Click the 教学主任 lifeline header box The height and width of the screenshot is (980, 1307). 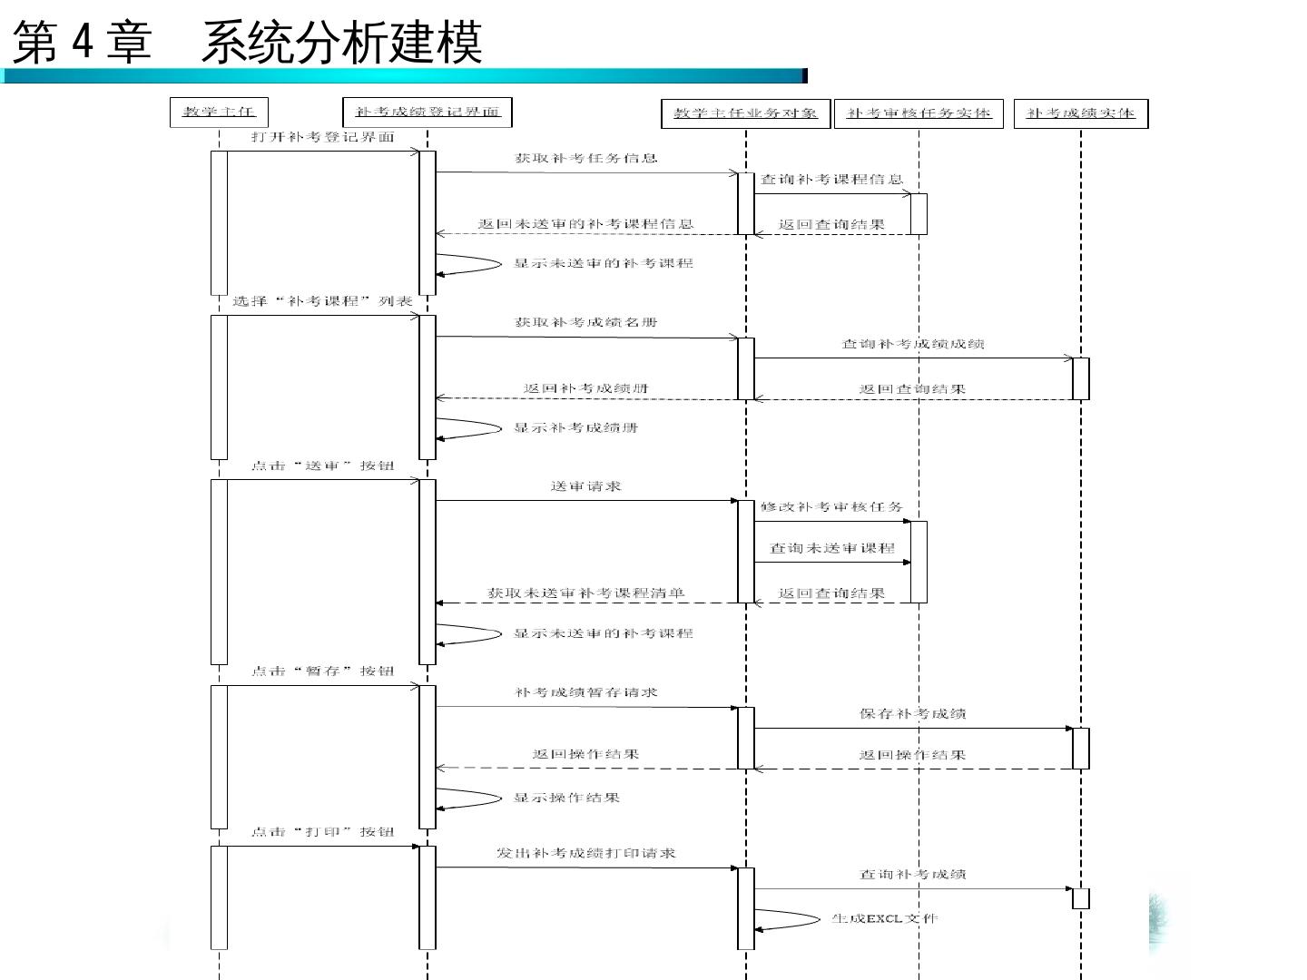click(x=219, y=113)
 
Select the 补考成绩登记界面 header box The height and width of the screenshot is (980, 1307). click(x=427, y=113)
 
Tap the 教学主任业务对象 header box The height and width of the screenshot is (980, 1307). click(x=745, y=113)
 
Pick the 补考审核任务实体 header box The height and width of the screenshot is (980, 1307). click(x=919, y=113)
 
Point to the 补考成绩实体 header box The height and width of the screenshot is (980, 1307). click(x=1080, y=113)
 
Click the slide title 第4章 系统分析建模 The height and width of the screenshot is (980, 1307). click(x=247, y=43)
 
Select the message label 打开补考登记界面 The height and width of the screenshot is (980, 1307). click(x=323, y=137)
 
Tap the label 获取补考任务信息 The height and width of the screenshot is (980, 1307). click(x=585, y=158)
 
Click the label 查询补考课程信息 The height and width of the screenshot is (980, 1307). click(x=831, y=180)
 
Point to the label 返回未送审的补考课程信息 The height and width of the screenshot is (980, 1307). click(x=585, y=223)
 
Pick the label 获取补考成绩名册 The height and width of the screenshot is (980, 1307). click(x=585, y=322)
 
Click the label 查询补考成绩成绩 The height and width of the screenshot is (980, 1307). click(x=913, y=344)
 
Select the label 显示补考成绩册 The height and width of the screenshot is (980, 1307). click(x=575, y=427)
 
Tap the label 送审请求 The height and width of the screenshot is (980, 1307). click(x=585, y=486)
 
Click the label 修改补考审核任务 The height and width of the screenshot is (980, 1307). click(x=831, y=507)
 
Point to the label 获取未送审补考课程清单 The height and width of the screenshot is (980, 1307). click(x=585, y=593)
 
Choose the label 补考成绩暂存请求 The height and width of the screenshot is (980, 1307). click(x=585, y=692)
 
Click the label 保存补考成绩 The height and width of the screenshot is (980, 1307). click(x=913, y=714)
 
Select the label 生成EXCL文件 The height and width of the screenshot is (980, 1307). click(x=885, y=918)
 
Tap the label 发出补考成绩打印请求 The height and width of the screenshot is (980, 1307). click(x=585, y=853)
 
